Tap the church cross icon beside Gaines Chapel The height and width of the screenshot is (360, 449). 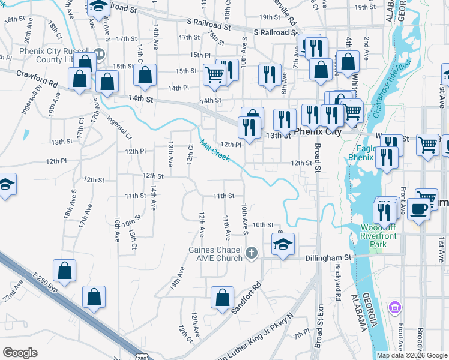[x=252, y=254]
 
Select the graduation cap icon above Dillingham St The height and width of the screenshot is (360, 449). [x=283, y=244]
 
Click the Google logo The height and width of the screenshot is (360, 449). [x=20, y=352]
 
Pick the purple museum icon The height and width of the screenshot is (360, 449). [x=394, y=308]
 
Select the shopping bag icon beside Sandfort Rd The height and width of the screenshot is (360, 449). [x=222, y=297]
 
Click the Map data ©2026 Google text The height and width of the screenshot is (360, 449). [x=411, y=355]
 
